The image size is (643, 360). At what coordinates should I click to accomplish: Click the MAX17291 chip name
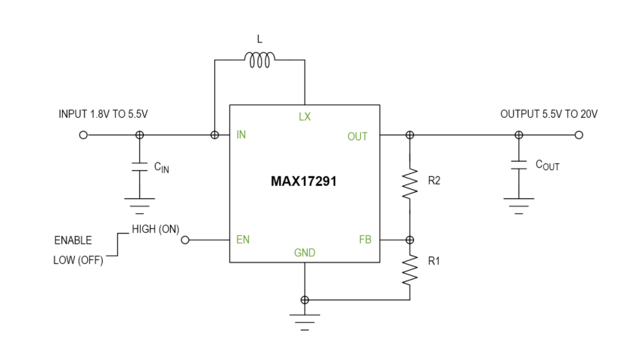click(x=305, y=182)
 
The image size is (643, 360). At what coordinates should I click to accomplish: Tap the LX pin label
click(x=305, y=116)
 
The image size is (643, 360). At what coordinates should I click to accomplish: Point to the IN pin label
click(x=241, y=135)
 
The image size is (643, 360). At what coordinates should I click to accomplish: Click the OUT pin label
click(x=357, y=136)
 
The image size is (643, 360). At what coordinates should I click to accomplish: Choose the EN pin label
click(x=243, y=240)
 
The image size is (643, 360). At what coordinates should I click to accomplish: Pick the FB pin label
click(x=365, y=240)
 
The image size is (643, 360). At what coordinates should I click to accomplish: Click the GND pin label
click(x=305, y=253)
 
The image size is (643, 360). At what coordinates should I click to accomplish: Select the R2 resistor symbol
click(x=410, y=182)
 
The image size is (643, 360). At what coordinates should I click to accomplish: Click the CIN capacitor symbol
click(x=139, y=167)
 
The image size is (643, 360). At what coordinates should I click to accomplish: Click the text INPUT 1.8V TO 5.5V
click(x=105, y=114)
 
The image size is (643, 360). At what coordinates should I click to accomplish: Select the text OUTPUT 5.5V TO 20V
click(x=549, y=114)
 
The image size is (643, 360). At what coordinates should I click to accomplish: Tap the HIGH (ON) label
click(x=155, y=229)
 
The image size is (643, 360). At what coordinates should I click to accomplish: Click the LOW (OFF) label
click(x=79, y=261)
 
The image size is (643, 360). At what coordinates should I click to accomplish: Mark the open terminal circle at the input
click(x=83, y=135)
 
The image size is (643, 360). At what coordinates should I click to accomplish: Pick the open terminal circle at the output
click(x=579, y=135)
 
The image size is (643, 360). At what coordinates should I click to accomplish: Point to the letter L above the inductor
click(x=259, y=37)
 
